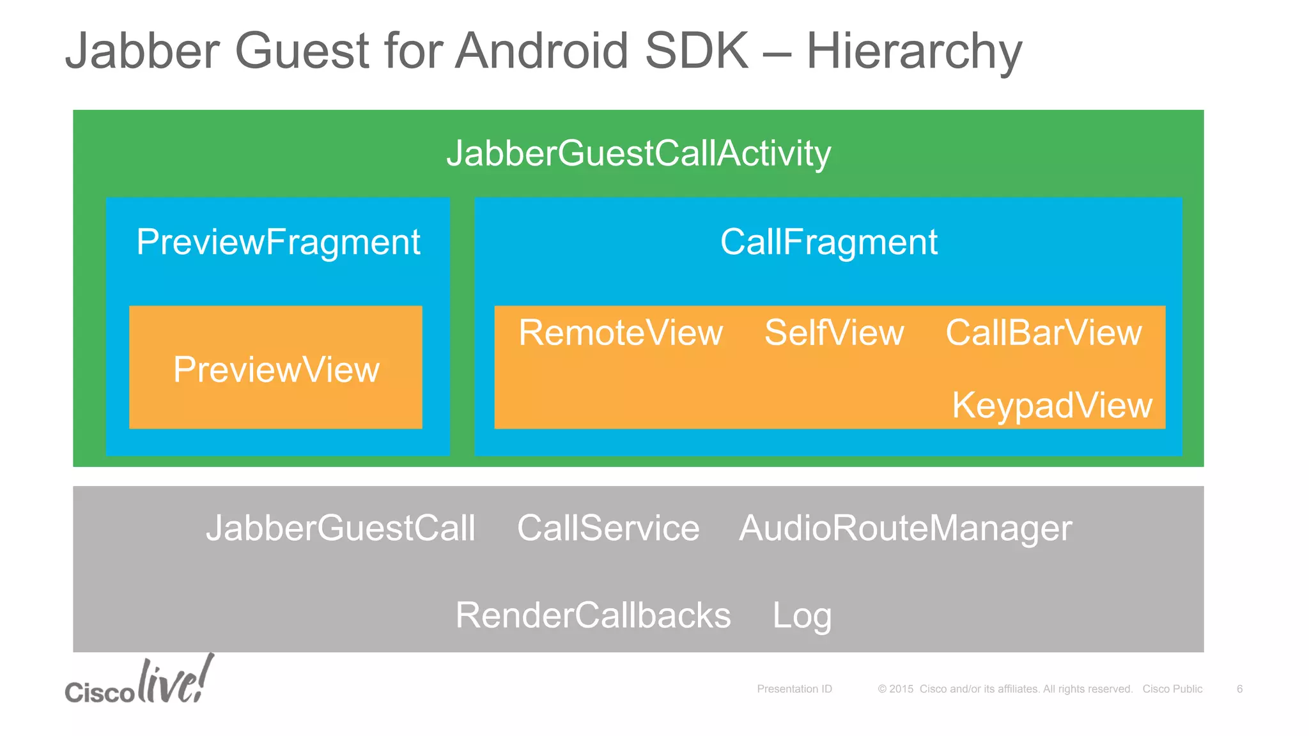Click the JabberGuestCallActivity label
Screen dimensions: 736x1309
[x=639, y=154]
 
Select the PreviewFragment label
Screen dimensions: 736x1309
[x=278, y=243]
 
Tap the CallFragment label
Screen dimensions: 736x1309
[x=828, y=243]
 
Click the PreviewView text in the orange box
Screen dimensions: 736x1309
[x=276, y=370]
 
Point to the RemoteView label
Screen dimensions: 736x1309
[x=620, y=333]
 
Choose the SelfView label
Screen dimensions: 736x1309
[x=834, y=333]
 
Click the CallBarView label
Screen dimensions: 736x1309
[x=1043, y=333]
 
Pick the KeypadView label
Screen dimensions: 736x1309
[x=1051, y=405]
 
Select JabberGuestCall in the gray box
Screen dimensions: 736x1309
[x=340, y=528]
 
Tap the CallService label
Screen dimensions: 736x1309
[x=608, y=528]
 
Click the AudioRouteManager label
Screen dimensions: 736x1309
[x=905, y=528]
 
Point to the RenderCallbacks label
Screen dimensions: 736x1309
[x=593, y=615]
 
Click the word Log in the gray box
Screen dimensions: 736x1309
[x=802, y=617]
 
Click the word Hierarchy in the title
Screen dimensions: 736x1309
[x=914, y=51]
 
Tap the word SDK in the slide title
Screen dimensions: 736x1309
[x=696, y=50]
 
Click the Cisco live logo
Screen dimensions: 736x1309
[x=139, y=682]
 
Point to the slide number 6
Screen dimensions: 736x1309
[x=1239, y=689]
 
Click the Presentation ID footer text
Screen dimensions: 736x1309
[x=794, y=689]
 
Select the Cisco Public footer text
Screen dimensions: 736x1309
[x=1172, y=689]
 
